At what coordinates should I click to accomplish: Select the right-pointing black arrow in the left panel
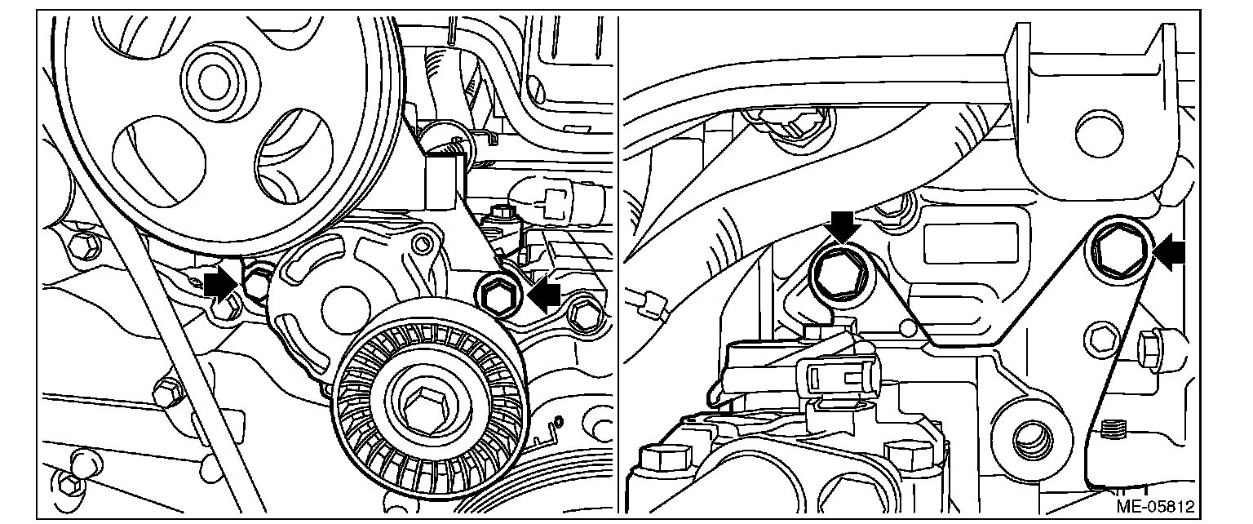[219, 284]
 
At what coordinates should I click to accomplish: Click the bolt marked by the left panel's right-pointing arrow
[259, 282]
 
